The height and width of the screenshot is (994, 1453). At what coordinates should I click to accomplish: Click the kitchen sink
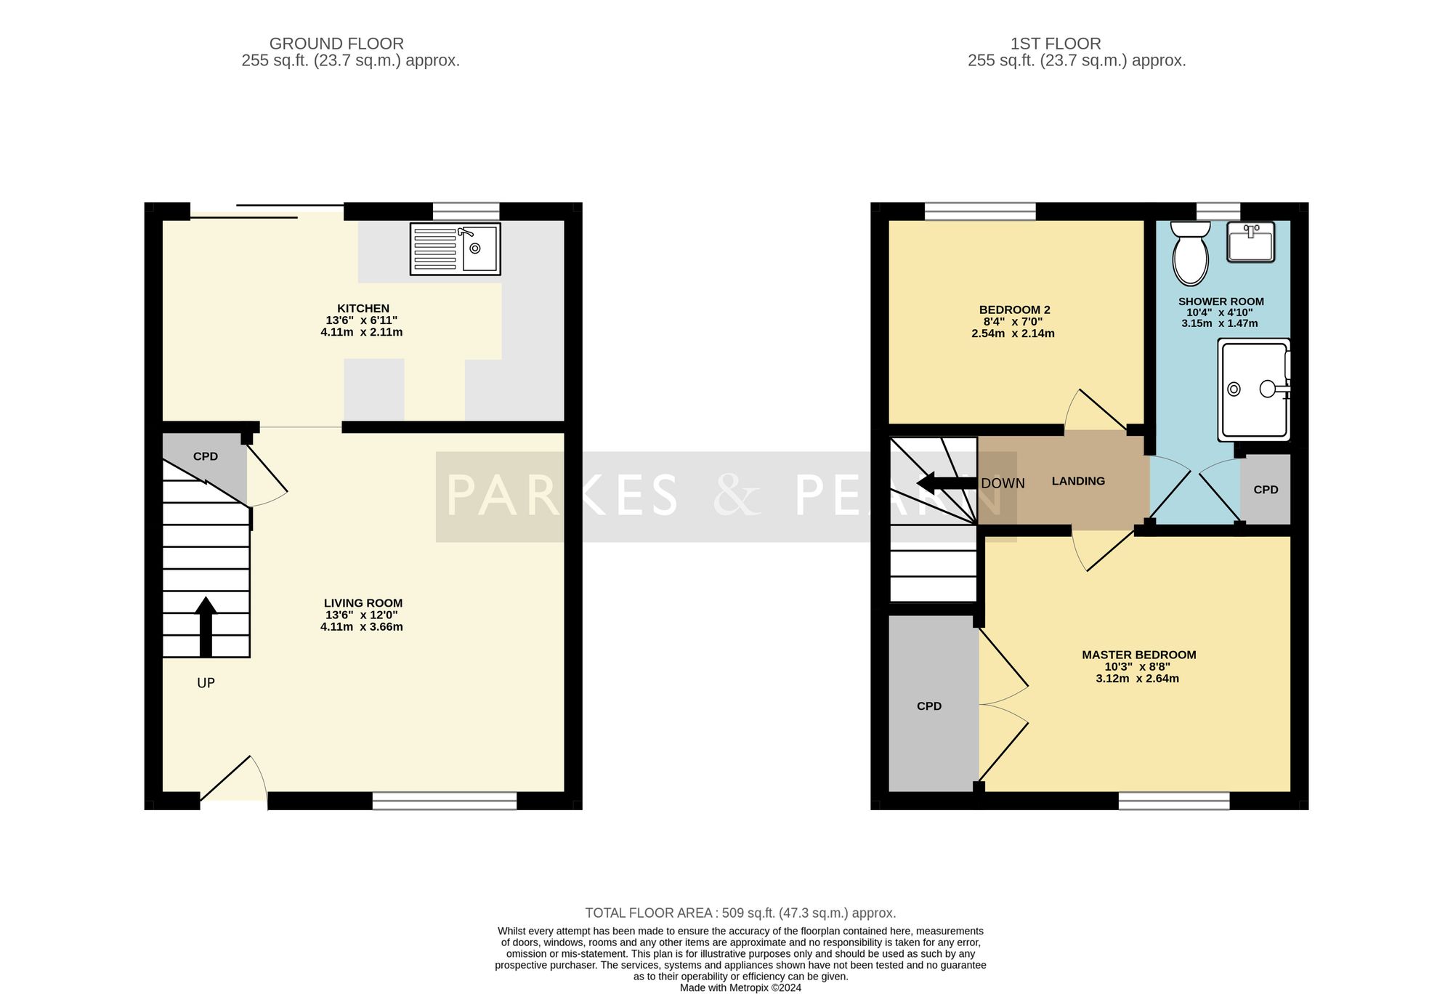[456, 248]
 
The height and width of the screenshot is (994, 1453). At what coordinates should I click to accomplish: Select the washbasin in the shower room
[1250, 242]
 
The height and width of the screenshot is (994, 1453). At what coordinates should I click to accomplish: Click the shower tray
[1254, 389]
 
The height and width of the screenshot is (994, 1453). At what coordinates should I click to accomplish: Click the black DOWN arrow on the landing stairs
[947, 483]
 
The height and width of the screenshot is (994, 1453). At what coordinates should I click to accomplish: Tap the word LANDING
[1078, 481]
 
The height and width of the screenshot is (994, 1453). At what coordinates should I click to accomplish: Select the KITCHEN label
[363, 308]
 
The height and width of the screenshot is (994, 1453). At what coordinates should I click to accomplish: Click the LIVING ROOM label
[363, 602]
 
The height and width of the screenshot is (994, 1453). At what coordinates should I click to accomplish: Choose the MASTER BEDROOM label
[1139, 655]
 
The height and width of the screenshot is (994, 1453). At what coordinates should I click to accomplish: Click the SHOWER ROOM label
[1221, 302]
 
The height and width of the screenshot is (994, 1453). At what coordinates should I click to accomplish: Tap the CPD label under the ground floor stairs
[206, 456]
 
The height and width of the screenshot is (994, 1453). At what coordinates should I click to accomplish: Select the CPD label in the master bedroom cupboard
[929, 706]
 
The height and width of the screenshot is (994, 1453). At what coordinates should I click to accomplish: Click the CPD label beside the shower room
[1266, 490]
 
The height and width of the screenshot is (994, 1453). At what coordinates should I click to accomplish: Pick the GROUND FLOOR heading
[336, 44]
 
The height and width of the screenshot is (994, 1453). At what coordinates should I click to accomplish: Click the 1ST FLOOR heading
[1056, 44]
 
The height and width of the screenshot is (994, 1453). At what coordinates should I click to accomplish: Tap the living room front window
[445, 801]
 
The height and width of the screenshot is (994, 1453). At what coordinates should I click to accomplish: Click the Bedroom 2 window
[980, 211]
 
